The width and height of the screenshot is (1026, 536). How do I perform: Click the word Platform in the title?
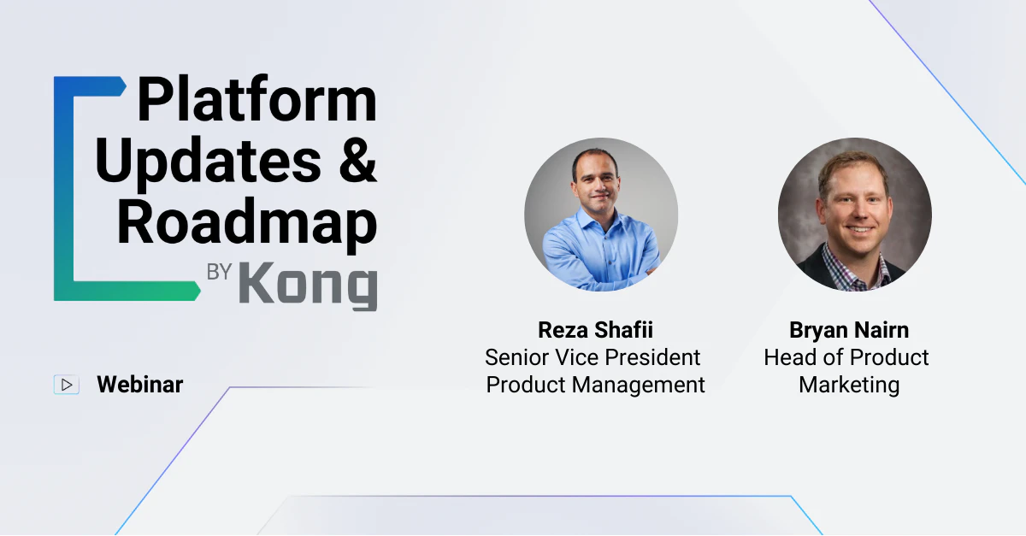click(256, 98)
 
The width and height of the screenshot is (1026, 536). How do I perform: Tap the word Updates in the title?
click(208, 162)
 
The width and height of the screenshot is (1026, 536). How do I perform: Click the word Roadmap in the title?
click(247, 225)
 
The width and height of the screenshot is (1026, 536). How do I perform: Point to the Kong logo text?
click(309, 285)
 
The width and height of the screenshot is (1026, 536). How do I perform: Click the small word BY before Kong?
click(219, 272)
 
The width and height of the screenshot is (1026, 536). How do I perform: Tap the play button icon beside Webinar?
click(67, 385)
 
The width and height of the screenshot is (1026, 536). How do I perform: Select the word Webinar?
click(139, 385)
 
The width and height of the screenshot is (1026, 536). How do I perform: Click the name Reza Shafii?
click(595, 330)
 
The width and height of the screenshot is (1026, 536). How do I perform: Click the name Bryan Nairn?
click(849, 330)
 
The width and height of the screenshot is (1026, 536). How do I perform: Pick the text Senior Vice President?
click(593, 357)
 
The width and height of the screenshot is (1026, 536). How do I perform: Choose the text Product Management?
click(595, 385)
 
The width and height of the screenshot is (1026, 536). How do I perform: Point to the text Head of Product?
click(846, 357)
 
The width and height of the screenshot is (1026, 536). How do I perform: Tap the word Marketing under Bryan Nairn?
click(849, 386)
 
